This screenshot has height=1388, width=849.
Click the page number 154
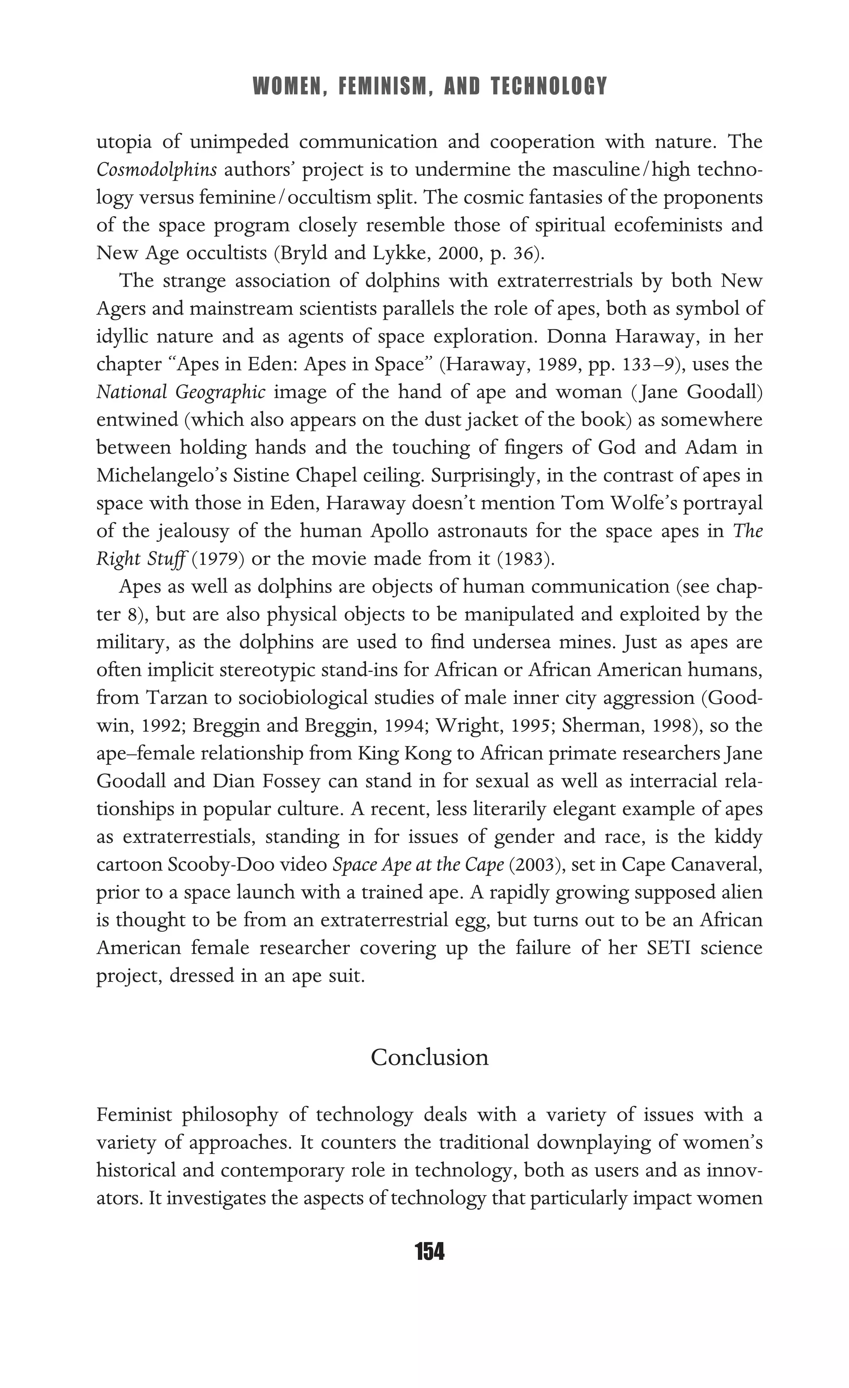[429, 1252]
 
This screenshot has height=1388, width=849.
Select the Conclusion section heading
[429, 1057]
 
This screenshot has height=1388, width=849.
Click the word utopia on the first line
[124, 142]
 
